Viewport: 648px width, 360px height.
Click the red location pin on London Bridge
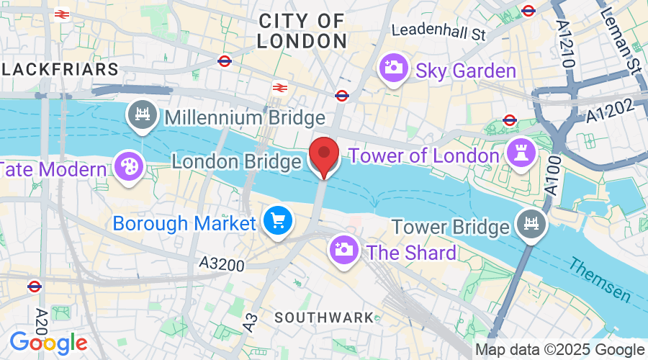(x=324, y=153)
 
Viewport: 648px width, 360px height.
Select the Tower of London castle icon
(x=517, y=151)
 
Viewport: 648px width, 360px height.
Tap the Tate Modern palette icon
(x=130, y=168)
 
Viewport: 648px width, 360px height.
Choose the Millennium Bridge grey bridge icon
(x=142, y=114)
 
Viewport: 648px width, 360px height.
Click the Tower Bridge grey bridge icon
(x=531, y=225)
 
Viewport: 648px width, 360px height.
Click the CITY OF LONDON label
(x=302, y=31)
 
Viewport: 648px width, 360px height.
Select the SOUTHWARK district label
(x=324, y=318)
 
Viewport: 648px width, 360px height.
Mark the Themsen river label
(x=599, y=280)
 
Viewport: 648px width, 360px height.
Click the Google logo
(x=48, y=343)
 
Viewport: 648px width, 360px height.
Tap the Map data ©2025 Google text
(x=559, y=350)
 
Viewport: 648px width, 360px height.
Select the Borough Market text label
(x=184, y=223)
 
